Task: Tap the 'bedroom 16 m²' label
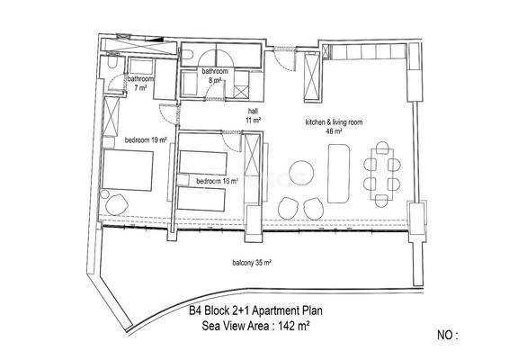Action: click(217, 181)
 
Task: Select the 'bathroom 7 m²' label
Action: click(139, 84)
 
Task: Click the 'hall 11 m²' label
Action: click(253, 115)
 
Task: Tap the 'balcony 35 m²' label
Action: click(253, 263)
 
